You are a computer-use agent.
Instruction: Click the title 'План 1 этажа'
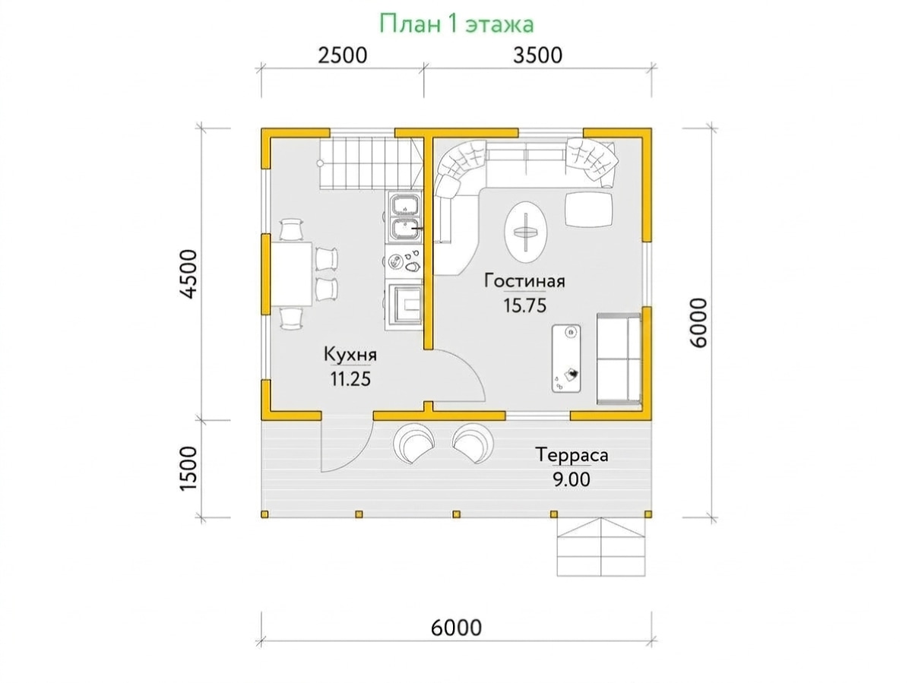pos(456,24)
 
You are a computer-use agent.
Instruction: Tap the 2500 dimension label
pos(342,55)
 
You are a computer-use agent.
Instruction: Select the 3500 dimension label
pos(537,55)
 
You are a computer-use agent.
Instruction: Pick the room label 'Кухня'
pos(350,355)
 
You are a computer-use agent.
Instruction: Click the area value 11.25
pos(350,378)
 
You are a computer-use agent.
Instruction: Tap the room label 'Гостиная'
pos(524,281)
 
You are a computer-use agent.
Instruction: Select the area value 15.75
pos(524,305)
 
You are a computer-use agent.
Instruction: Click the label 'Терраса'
pos(572,454)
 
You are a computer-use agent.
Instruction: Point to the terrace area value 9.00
pos(572,479)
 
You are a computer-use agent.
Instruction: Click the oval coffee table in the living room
pos(525,232)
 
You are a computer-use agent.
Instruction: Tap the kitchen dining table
pos(291,274)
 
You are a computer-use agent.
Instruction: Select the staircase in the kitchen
pos(372,164)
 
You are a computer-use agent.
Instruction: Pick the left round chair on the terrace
pos(413,443)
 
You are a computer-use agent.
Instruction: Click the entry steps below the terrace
pos(600,546)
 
